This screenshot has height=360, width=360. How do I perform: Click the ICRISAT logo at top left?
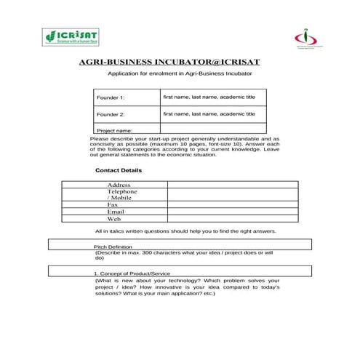[x=71, y=36]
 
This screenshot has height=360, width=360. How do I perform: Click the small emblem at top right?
[x=305, y=37]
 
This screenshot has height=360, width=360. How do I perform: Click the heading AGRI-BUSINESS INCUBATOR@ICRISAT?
[x=179, y=63]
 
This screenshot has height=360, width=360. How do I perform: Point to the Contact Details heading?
[x=119, y=170]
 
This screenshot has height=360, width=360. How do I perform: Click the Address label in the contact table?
[x=119, y=185]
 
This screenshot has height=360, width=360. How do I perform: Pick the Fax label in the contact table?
[x=112, y=205]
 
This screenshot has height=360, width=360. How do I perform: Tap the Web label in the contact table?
[x=113, y=219]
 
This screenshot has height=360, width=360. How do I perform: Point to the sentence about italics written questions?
[x=185, y=231]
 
